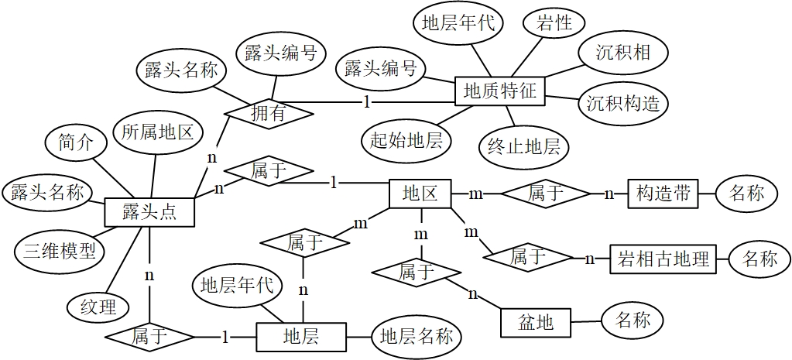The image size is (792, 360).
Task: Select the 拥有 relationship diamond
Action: tap(269, 113)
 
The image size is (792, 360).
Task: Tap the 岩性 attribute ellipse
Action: tap(554, 24)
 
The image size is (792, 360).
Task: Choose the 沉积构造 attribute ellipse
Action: tap(622, 102)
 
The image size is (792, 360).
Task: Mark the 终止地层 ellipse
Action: tap(523, 145)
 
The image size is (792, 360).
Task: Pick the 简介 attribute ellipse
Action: tap(76, 142)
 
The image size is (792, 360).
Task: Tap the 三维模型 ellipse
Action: tap(59, 251)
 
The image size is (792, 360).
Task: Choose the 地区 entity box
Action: tap(419, 193)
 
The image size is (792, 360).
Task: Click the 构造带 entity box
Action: tap(663, 193)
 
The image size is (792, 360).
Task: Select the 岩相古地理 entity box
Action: tap(663, 259)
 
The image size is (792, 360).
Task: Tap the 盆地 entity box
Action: tap(535, 321)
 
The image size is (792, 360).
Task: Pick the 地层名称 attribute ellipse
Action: tap(417, 336)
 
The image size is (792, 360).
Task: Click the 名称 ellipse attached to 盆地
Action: tap(632, 319)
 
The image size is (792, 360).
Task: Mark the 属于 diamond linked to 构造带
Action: tap(544, 194)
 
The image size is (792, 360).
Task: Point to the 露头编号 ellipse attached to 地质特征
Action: tap(379, 68)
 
